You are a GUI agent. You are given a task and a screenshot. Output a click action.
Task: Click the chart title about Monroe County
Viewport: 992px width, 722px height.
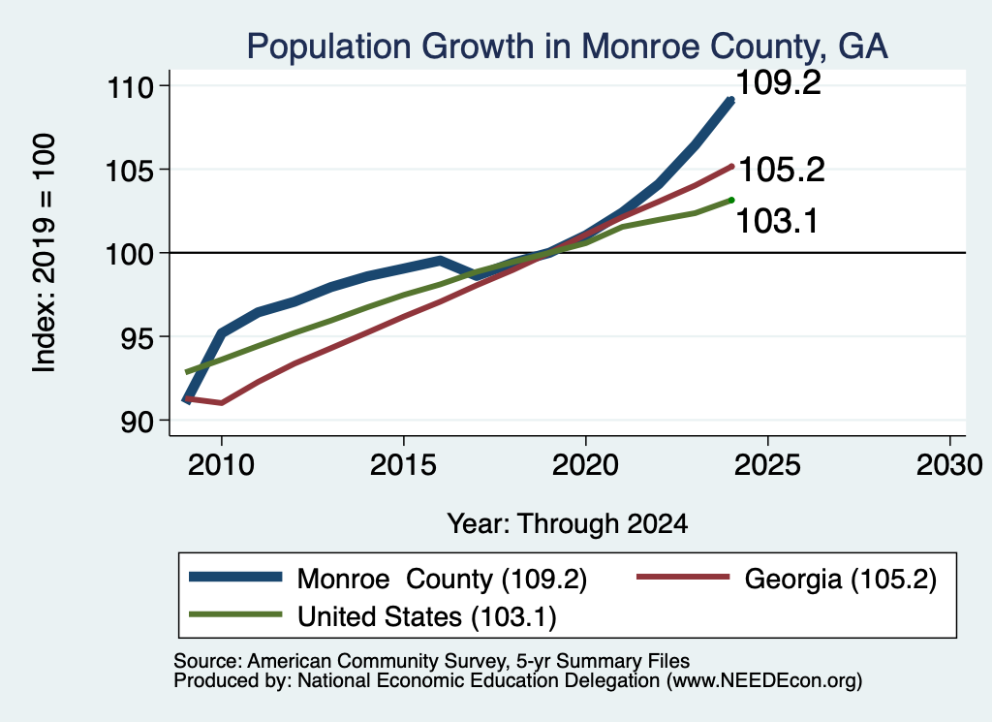click(567, 47)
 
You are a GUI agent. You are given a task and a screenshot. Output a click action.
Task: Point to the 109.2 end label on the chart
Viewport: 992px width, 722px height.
click(778, 83)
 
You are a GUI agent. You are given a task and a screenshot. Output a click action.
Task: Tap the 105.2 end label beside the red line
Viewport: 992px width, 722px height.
click(782, 170)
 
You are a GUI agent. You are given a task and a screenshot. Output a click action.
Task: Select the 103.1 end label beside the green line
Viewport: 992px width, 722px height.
click(777, 221)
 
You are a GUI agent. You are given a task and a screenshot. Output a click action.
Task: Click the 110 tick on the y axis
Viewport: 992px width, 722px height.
click(131, 86)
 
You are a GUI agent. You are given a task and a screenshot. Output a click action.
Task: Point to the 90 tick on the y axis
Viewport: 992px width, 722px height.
click(138, 422)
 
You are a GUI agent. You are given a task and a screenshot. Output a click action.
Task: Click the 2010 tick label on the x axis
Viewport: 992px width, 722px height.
click(222, 465)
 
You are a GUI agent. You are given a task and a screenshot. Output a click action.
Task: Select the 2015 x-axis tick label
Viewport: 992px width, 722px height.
click(403, 465)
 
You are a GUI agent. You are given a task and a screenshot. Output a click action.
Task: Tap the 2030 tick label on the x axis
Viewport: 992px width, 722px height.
click(949, 465)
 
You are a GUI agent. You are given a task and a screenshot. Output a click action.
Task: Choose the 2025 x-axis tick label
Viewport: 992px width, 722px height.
click(767, 465)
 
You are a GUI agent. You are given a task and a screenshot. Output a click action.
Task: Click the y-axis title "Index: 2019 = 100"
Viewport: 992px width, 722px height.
click(45, 253)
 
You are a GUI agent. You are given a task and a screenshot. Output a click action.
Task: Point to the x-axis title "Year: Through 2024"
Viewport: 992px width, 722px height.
click(568, 524)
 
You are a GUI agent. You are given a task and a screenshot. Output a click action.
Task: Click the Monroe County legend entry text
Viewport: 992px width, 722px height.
click(442, 579)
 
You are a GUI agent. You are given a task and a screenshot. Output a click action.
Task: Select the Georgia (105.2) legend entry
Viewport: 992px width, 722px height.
click(840, 579)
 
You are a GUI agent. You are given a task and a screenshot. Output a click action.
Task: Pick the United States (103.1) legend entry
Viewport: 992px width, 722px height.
click(427, 617)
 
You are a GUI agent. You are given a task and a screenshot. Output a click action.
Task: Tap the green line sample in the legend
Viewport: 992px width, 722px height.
click(235, 614)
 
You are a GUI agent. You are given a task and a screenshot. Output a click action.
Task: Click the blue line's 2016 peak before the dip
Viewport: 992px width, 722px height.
click(440, 260)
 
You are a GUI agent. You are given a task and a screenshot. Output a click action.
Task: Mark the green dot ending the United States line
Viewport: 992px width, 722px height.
click(731, 200)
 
